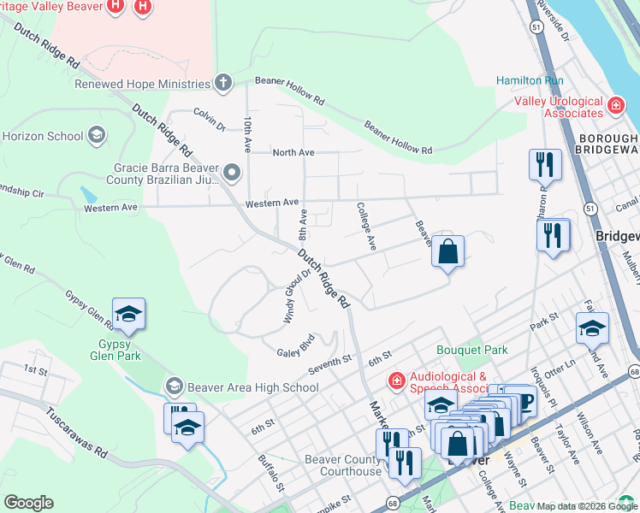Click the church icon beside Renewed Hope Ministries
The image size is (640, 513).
[x=223, y=83]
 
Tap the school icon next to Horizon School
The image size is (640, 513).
[x=97, y=135]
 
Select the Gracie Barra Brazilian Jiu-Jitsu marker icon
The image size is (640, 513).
[x=231, y=174]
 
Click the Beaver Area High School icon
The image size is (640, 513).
[x=175, y=386]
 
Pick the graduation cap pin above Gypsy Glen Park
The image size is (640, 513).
[x=128, y=315]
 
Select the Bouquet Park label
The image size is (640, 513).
[x=471, y=350]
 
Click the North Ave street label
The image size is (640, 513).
[x=293, y=152]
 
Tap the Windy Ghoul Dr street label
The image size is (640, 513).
[x=297, y=296]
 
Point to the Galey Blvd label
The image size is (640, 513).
[x=296, y=351]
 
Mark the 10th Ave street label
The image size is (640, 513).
[x=247, y=134]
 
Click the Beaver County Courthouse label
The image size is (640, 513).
[x=343, y=465]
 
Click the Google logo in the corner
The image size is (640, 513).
[x=28, y=503]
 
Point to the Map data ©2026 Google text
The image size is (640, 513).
[x=587, y=505]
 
